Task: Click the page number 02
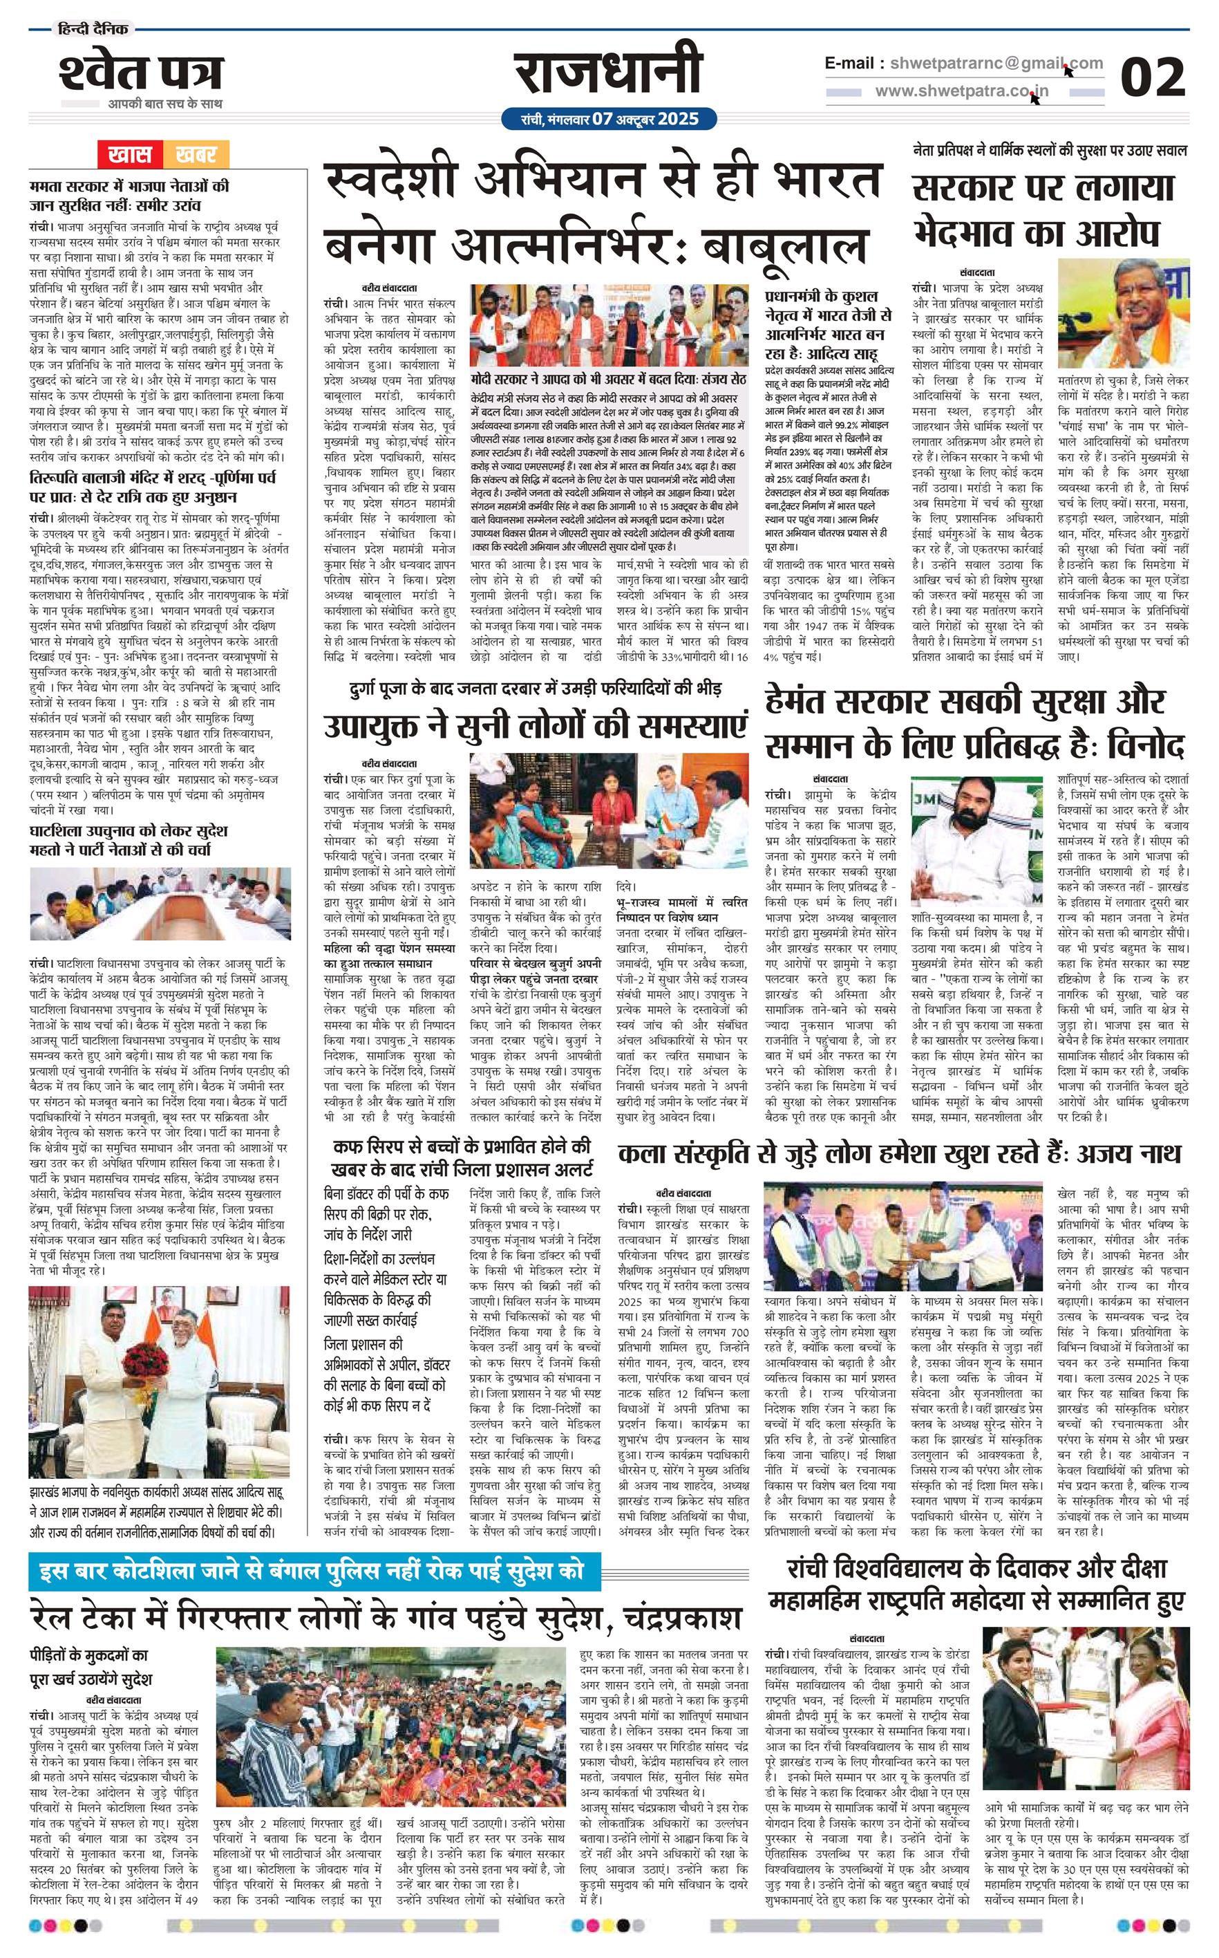[x=1153, y=78]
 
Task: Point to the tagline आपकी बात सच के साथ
[x=164, y=103]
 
